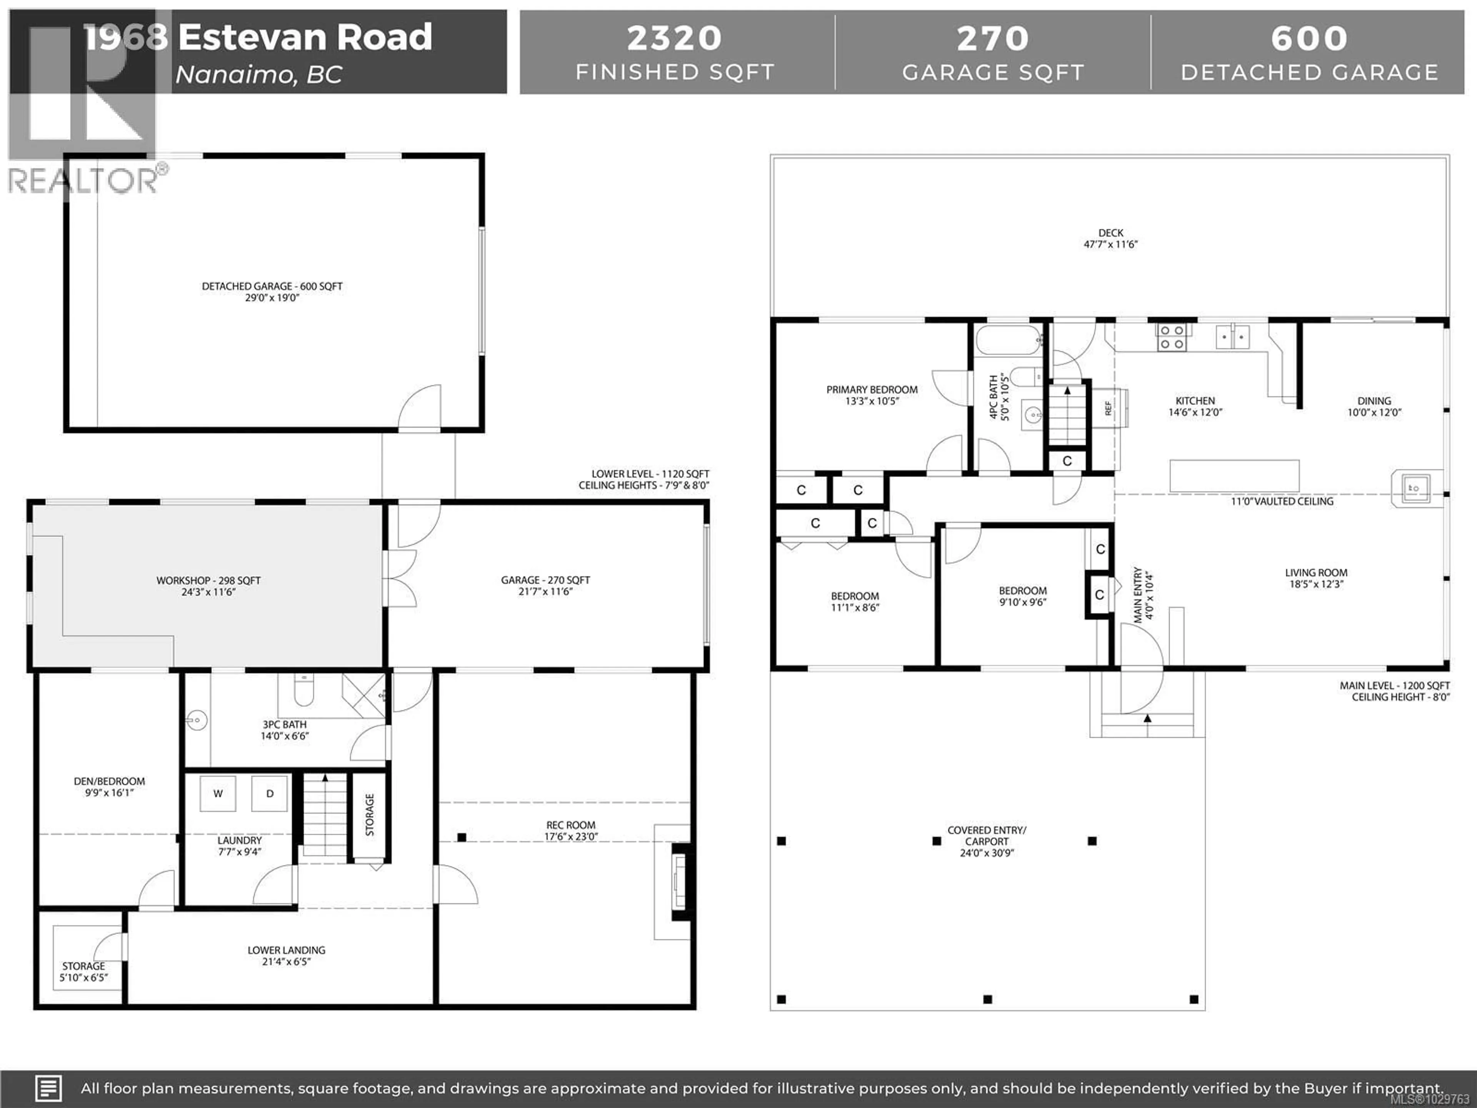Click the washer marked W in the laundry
point(218,793)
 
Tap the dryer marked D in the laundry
point(270,793)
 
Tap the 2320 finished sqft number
point(674,38)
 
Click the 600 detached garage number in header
point(1309,38)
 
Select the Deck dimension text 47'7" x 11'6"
point(1110,244)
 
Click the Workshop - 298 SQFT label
point(208,581)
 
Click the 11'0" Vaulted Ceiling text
point(1282,501)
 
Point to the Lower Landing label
point(287,950)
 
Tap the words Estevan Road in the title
point(305,37)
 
